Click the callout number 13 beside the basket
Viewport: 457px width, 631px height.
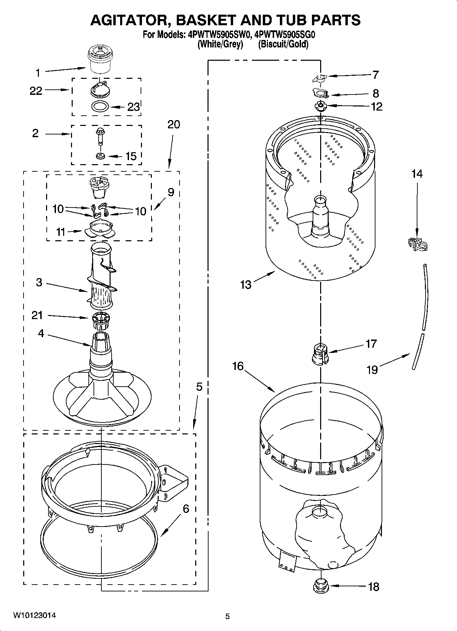pos(245,284)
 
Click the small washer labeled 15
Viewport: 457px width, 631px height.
pos(100,156)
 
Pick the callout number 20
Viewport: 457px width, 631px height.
pos(173,124)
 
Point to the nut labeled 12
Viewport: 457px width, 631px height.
pos(320,106)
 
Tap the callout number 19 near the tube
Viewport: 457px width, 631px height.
pos(372,369)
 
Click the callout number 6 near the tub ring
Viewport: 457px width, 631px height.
pos(186,509)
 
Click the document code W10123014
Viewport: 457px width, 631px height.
pos(34,615)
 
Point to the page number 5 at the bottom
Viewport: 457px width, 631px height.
pos(227,616)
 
